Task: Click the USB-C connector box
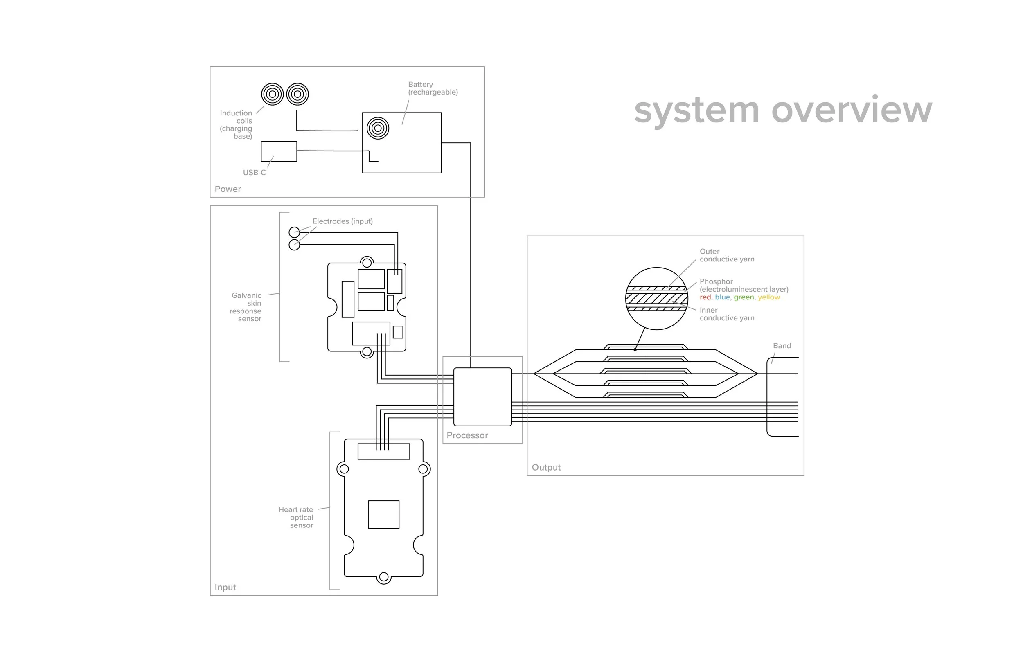279,151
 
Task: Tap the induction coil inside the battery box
378,128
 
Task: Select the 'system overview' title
783,110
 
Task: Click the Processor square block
483,396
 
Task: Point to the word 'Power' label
228,189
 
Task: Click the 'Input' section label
225,587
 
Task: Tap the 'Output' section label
546,467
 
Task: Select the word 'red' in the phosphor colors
705,297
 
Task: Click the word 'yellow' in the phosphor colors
768,297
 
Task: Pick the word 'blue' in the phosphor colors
722,297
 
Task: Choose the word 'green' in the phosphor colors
744,297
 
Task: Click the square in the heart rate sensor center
384,515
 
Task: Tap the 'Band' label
782,346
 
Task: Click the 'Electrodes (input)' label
343,221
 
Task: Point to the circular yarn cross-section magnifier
656,299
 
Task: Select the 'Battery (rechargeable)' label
433,88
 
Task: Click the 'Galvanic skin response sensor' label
246,307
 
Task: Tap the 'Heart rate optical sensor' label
296,517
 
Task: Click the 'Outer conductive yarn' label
726,255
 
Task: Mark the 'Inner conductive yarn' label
726,314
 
